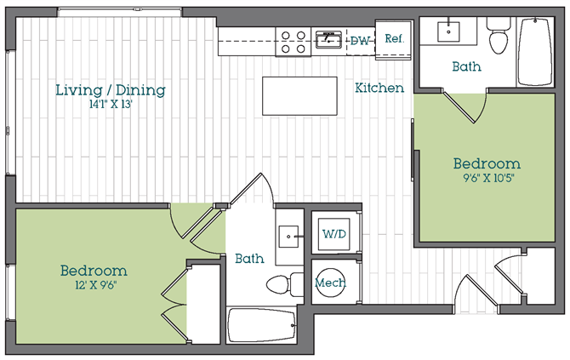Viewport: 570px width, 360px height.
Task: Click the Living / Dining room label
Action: (111, 90)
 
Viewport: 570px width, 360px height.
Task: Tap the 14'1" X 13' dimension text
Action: (111, 105)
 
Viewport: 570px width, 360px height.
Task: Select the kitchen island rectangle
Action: (299, 96)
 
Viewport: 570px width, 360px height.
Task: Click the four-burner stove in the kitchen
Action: (294, 42)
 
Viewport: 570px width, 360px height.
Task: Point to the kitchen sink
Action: (328, 39)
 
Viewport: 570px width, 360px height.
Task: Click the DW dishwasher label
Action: (360, 41)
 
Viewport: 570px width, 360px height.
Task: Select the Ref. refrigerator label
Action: (395, 38)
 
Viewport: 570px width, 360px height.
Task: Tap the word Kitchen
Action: (379, 88)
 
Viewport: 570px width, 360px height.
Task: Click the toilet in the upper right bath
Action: (499, 36)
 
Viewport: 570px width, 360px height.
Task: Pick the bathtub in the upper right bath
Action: (535, 52)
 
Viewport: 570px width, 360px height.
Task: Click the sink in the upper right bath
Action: (448, 31)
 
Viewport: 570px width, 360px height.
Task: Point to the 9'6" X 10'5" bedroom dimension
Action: (488, 178)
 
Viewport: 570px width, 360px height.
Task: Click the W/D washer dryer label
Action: (334, 234)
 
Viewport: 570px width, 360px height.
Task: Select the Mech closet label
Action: (330, 283)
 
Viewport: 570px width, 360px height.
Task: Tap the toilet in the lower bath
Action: (285, 284)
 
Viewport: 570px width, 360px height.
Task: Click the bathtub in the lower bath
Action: (262, 325)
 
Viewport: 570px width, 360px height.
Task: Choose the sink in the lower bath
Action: (289, 237)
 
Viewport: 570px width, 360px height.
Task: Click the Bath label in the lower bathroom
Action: (249, 259)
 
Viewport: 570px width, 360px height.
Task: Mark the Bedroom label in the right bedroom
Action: (487, 163)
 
